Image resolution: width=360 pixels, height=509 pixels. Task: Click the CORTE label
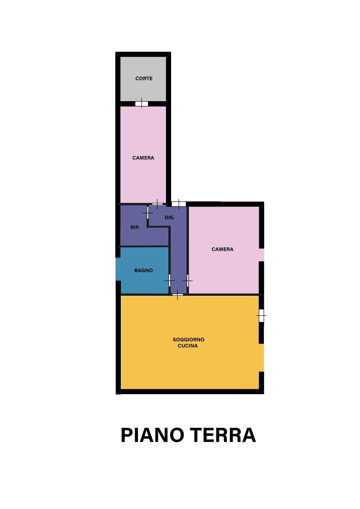(x=144, y=78)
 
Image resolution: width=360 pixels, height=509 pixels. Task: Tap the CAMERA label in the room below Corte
(x=143, y=158)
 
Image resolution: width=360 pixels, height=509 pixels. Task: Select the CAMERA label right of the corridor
(x=222, y=249)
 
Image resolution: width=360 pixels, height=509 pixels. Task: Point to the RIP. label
(x=135, y=228)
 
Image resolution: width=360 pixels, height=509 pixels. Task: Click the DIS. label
(x=170, y=218)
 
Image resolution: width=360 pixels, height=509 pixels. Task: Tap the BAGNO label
(x=144, y=270)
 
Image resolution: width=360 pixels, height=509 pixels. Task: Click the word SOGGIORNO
(x=188, y=339)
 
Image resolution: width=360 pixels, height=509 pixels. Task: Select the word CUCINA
(x=188, y=346)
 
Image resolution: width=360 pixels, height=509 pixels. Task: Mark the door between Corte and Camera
(x=141, y=104)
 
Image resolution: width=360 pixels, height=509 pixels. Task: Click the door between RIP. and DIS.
(x=148, y=213)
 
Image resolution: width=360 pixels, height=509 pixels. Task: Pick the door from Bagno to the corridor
(x=170, y=280)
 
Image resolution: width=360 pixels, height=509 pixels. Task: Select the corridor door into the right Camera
(x=188, y=280)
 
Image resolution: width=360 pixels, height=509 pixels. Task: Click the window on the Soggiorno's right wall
(x=261, y=315)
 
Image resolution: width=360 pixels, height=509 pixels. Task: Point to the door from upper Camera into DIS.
(x=157, y=204)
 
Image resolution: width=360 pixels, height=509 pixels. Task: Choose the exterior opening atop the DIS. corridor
(x=179, y=204)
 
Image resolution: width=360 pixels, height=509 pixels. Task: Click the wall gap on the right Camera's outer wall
(x=262, y=255)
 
